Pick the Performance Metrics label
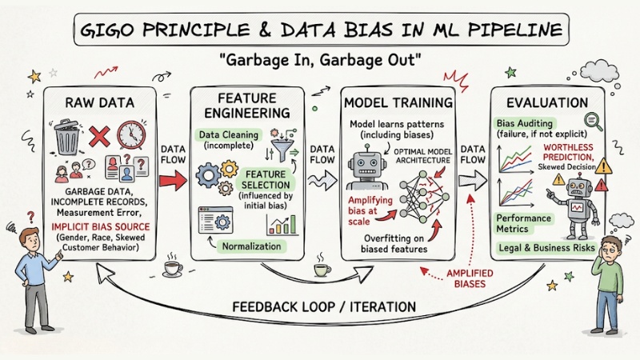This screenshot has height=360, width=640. pyautogui.click(x=524, y=223)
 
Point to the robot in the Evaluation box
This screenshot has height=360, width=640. pyautogui.click(x=580, y=201)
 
